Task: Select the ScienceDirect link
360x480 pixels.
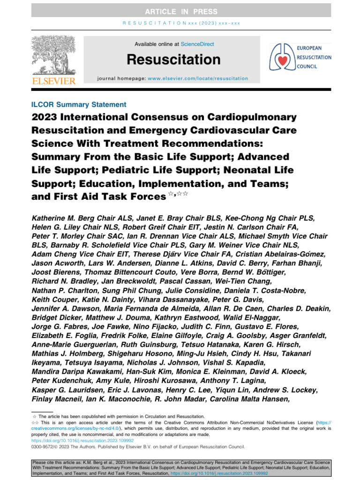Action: point(198,44)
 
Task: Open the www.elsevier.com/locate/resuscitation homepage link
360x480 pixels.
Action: point(198,78)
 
